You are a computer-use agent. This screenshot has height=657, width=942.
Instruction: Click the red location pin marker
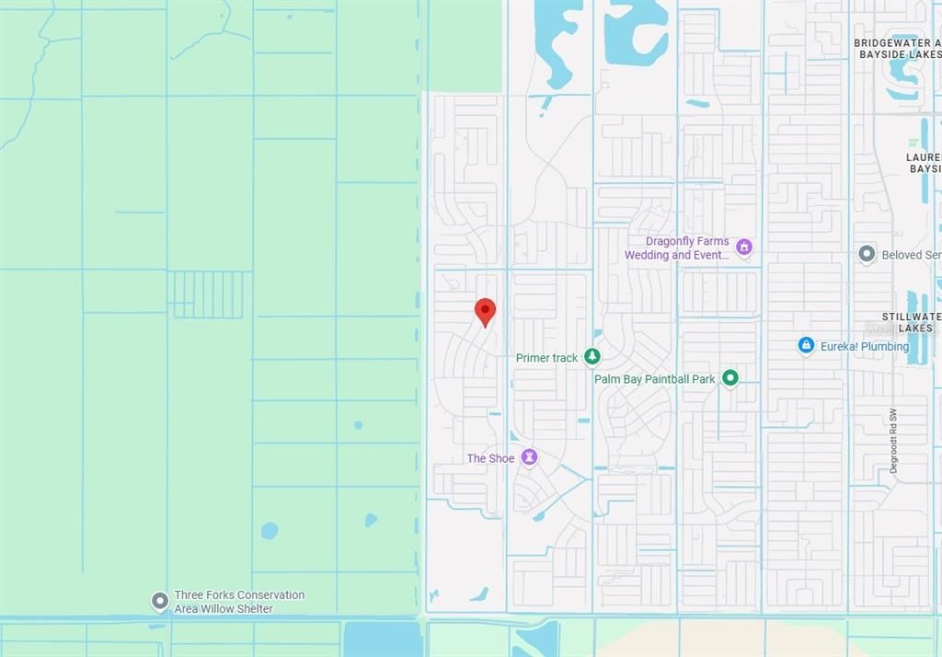click(485, 312)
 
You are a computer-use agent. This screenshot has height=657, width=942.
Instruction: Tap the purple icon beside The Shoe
click(529, 457)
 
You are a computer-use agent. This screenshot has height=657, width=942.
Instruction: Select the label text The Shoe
click(490, 458)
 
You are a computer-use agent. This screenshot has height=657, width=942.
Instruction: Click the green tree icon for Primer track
click(593, 357)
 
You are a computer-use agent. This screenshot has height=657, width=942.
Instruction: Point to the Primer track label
click(546, 358)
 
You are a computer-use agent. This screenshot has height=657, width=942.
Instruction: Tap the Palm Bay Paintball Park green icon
click(730, 378)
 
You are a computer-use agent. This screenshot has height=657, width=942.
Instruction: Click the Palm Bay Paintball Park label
click(654, 379)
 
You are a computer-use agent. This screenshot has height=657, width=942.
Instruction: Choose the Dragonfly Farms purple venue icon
click(744, 247)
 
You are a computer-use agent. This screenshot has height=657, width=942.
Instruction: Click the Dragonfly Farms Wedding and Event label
click(677, 248)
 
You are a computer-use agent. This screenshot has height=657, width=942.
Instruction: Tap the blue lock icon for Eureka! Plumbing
click(807, 346)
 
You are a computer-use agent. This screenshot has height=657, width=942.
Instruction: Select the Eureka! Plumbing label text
click(866, 347)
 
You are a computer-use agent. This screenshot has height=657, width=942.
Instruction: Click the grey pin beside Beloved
click(866, 254)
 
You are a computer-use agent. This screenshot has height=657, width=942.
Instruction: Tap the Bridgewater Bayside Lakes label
click(897, 49)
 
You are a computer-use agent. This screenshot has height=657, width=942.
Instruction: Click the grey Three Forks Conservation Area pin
click(160, 601)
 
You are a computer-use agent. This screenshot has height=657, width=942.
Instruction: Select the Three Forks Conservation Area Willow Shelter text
click(239, 602)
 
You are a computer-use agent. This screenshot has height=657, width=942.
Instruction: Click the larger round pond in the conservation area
click(269, 530)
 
